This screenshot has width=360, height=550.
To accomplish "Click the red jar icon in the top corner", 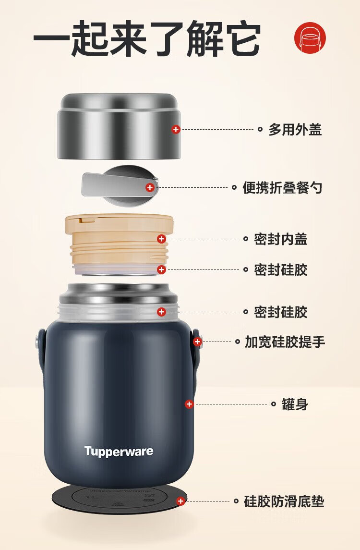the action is (310, 38).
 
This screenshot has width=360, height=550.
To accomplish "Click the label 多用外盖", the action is (295, 129).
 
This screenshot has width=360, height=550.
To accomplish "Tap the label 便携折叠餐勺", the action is (282, 187).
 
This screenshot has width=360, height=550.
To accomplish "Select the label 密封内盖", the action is (280, 239).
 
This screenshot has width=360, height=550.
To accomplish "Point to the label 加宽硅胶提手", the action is (285, 342).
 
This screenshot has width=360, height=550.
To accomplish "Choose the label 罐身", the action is (295, 404).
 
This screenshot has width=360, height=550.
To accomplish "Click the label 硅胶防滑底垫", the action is (284, 501).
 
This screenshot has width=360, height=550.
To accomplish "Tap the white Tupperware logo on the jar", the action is (119, 452).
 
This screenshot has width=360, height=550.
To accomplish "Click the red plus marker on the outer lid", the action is (176, 129).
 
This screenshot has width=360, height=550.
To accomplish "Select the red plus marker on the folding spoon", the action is (150, 187).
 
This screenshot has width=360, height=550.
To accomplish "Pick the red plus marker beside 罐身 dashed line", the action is (189, 404).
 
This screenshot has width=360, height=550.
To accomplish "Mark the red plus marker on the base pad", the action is (181, 501).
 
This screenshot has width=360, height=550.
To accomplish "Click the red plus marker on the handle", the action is (198, 342).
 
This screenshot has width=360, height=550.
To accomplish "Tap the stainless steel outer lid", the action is (119, 126).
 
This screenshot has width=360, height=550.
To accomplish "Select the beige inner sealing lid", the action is (119, 242).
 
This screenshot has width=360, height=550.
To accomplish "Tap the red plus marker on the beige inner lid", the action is (162, 239).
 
